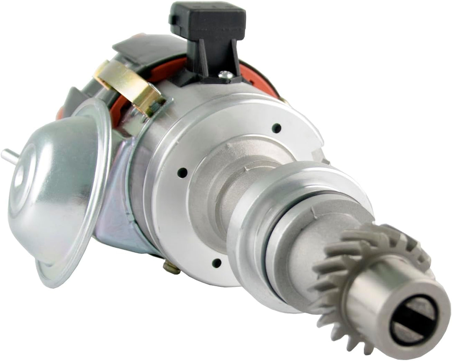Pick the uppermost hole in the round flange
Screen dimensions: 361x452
click(276, 127)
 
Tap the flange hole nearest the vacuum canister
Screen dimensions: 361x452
click(183, 171)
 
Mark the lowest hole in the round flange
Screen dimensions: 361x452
click(216, 262)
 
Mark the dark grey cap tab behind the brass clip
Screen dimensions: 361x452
click(126, 46)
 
